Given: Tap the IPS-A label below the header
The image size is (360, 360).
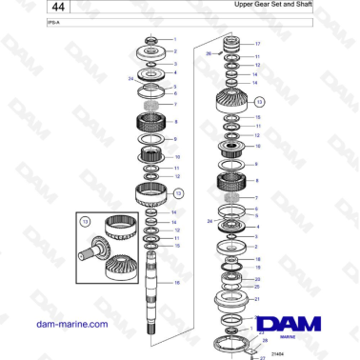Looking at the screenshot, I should pyautogui.click(x=26, y=25).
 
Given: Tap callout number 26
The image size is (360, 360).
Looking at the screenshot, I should pyautogui.click(x=209, y=54).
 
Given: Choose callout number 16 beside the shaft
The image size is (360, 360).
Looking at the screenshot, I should pyautogui.click(x=175, y=283).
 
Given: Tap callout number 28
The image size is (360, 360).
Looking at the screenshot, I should pyautogui.click(x=266, y=340).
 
